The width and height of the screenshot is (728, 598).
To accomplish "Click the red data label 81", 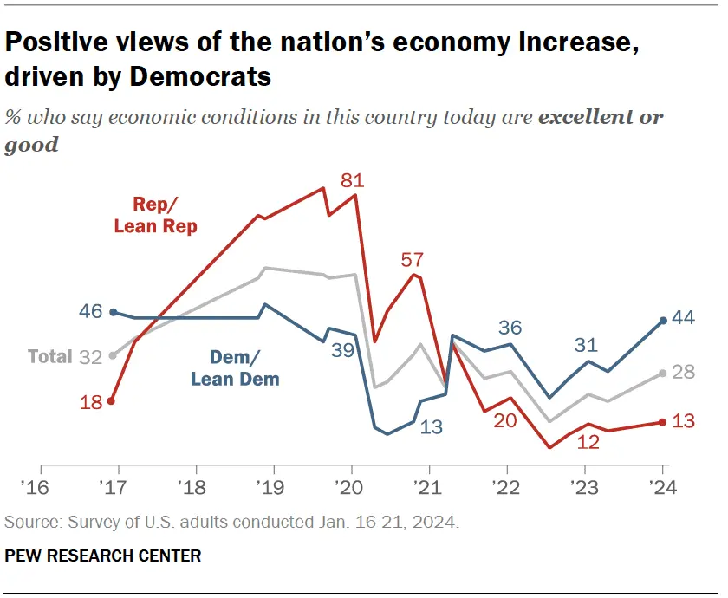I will (x=352, y=181).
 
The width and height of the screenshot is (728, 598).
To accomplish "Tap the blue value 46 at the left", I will (x=90, y=311).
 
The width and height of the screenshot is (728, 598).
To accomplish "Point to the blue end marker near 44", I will (x=663, y=321).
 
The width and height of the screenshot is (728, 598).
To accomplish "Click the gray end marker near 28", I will (x=663, y=373).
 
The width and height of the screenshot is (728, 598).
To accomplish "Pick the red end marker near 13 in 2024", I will (x=663, y=422).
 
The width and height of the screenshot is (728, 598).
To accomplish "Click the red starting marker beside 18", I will (x=112, y=400).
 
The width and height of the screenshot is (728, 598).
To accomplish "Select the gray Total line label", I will (x=49, y=356).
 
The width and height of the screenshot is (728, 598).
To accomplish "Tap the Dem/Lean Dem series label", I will (x=234, y=367).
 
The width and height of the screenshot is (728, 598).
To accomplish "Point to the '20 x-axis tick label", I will (x=351, y=485).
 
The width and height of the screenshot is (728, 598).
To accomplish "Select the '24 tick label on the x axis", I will (x=663, y=485).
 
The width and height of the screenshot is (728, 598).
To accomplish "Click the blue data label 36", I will (x=510, y=328).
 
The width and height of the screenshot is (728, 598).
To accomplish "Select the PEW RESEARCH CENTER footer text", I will (x=102, y=556).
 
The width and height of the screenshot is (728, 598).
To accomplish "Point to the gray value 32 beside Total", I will (x=90, y=356).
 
